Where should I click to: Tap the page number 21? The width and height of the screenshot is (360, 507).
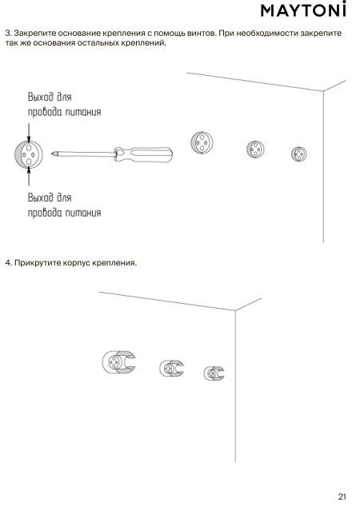342,497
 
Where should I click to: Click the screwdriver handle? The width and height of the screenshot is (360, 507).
143,154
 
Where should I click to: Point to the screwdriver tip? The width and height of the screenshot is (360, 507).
52,154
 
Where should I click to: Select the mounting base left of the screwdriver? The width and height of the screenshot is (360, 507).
29,154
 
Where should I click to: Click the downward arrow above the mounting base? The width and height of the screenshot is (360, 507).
29,133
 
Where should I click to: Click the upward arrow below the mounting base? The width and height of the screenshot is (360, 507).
29,176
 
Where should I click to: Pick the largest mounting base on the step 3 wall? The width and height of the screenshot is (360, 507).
202,142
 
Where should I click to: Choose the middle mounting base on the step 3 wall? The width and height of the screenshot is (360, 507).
255,149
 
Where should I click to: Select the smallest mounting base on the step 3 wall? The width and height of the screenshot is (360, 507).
299,154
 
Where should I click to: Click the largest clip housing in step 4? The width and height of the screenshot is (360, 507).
118,362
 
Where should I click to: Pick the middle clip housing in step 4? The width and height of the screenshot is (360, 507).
171,369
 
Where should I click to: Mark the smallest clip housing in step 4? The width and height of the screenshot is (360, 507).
214,373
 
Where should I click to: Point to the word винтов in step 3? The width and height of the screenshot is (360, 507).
202,34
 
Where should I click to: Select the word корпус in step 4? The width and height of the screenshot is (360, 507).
76,263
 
